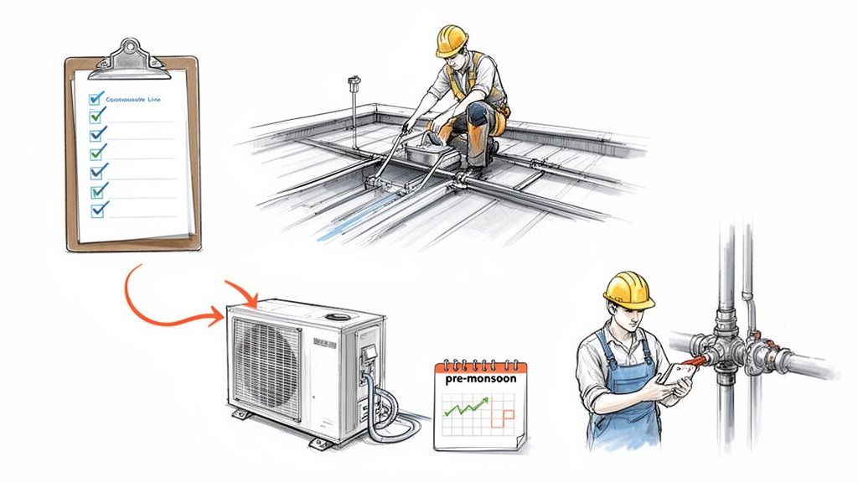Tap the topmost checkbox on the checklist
coord(96,99)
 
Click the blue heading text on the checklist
coord(134,100)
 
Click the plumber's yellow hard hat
coord(628,288)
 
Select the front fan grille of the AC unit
coord(267,358)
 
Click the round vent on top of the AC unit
coord(339,318)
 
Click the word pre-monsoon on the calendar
coord(476,378)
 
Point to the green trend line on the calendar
coord(467,408)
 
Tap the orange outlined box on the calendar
coord(504,419)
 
